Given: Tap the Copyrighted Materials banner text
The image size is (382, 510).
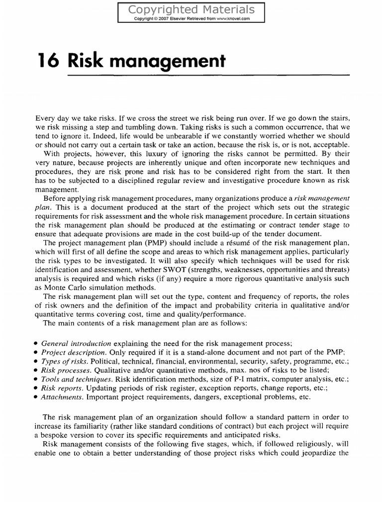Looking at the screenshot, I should (x=191, y=9).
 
